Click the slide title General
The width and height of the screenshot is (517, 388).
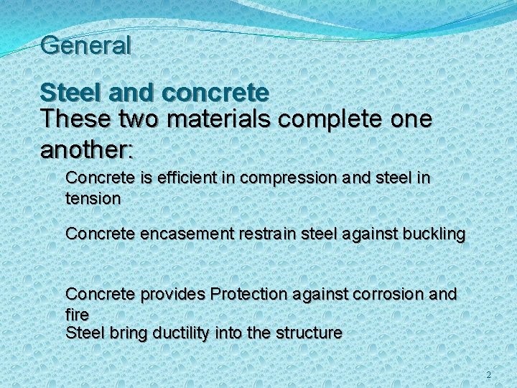tap(86, 45)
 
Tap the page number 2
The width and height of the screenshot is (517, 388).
tap(489, 375)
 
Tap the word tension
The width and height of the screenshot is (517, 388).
tap(93, 198)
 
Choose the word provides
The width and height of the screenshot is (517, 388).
tap(172, 294)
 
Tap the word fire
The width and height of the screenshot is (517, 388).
tap(77, 315)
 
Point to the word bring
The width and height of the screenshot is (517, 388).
tap(124, 333)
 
